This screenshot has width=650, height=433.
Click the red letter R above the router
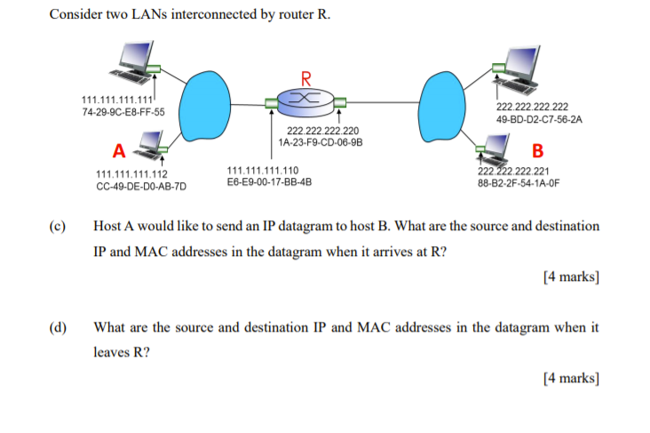click(x=306, y=76)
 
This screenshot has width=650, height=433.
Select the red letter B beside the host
click(x=537, y=150)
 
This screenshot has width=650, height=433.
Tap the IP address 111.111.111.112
click(x=131, y=174)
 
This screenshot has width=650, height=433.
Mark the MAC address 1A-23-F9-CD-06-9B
click(x=321, y=142)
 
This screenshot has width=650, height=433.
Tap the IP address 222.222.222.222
click(x=533, y=106)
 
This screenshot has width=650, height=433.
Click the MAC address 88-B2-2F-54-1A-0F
click(x=519, y=185)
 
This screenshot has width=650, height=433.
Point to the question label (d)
click(x=59, y=327)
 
